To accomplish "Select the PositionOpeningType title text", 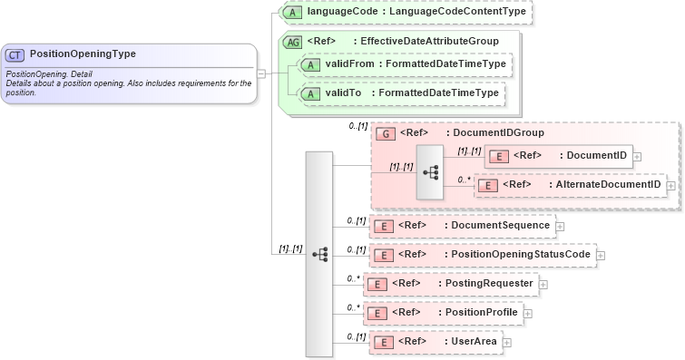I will pos(83,54).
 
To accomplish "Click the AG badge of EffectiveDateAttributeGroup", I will pos(292,42).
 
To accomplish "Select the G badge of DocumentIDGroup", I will pos(385,133).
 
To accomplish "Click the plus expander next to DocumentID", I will pos(637,156).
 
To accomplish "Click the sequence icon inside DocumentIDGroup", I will pos(430,170).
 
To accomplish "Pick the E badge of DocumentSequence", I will pos(385,226).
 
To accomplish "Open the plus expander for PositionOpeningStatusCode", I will pos(601,256).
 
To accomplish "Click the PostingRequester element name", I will pos(488,284).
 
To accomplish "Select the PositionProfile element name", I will pos(482,313).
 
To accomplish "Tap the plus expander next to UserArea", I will pos(507,343).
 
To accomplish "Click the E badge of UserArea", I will pos(385,342).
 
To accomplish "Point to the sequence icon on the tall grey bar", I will pos(319,255).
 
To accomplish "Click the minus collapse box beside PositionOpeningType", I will pos(260,73).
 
